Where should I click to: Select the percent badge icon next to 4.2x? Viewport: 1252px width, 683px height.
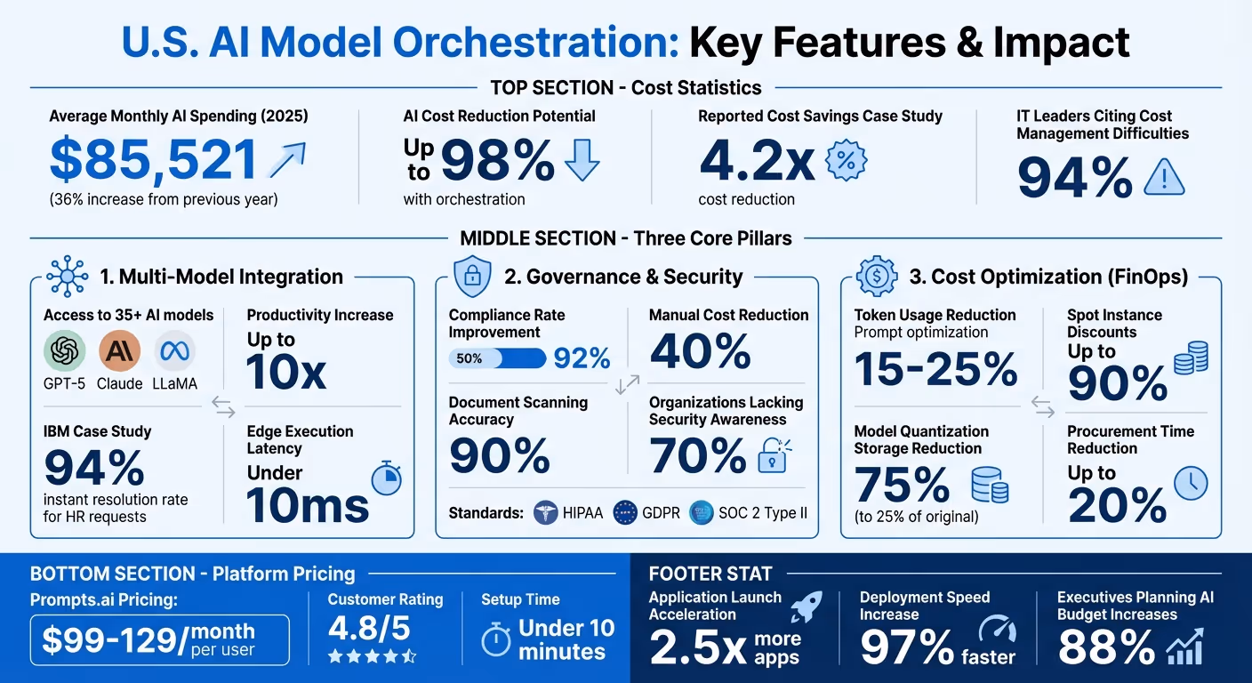(846, 161)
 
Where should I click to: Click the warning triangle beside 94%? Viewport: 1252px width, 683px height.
(1164, 176)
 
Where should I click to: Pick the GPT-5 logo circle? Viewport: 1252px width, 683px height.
(65, 351)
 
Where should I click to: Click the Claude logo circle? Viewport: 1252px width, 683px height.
(119, 351)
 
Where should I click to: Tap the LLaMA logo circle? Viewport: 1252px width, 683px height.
(173, 351)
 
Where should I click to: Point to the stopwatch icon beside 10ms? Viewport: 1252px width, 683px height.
(386, 479)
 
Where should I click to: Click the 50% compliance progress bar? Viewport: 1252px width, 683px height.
(497, 358)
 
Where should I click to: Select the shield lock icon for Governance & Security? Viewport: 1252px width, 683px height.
(471, 277)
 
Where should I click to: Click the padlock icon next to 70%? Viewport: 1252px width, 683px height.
(771, 455)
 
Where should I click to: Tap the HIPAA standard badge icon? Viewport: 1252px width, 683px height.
(544, 513)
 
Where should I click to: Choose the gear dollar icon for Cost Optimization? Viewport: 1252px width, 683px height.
(876, 277)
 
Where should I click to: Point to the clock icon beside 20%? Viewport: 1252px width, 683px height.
(1191, 483)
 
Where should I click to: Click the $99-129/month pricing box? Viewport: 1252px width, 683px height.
(159, 639)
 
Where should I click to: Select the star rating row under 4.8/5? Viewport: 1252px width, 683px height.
(372, 656)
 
